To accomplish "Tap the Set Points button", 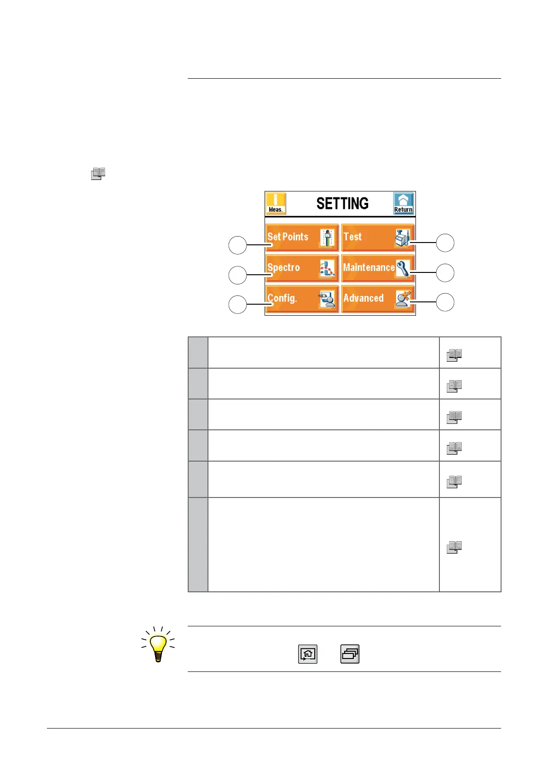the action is click(x=302, y=237).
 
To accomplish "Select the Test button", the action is click(x=377, y=237).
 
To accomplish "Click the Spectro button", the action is click(x=302, y=268).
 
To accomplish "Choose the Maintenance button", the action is click(x=377, y=268).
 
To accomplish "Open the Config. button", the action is click(x=302, y=299).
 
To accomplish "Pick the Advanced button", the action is click(x=377, y=299).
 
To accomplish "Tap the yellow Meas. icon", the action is click(x=276, y=203).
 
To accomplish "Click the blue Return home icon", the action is click(x=403, y=203).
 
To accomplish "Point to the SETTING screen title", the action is click(x=342, y=203).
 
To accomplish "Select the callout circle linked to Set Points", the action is click(x=237, y=245).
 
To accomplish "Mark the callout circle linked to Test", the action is click(x=445, y=243).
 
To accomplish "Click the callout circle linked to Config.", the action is click(x=237, y=305).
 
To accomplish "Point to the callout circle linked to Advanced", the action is click(x=445, y=302).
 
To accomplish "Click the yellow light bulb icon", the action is click(x=158, y=645).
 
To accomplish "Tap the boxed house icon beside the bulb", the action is click(x=308, y=654).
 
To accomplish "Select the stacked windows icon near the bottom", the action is click(x=350, y=654).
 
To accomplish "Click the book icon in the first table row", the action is click(x=454, y=355).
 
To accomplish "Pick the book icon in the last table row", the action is click(x=454, y=547).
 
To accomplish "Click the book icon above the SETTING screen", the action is click(x=98, y=174).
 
